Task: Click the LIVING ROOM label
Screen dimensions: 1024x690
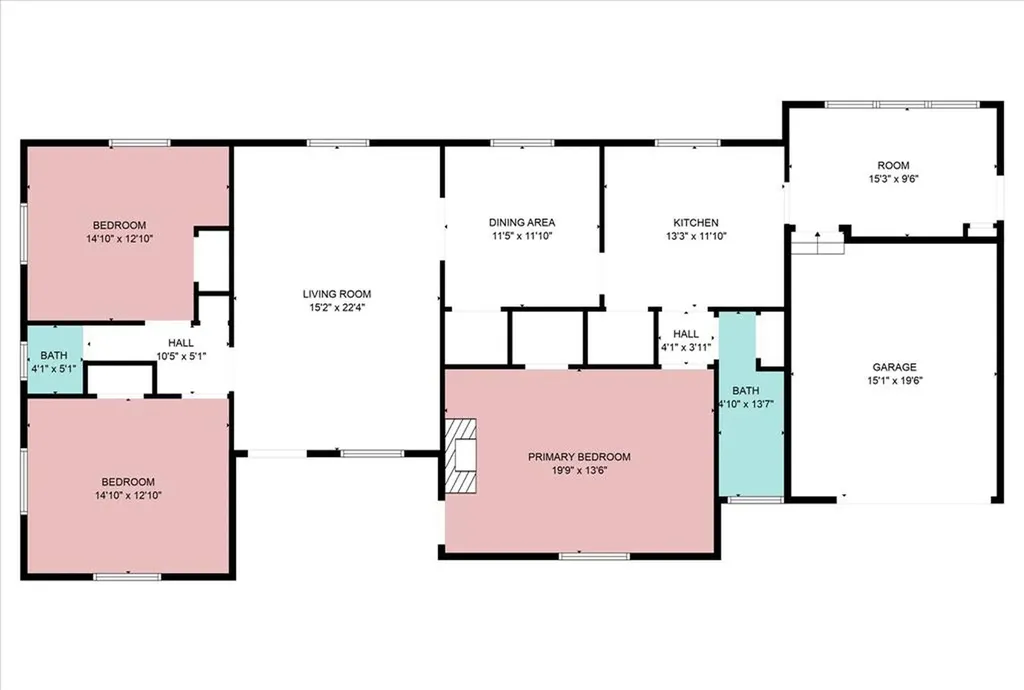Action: [x=336, y=294]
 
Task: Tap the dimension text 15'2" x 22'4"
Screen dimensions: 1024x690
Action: [x=336, y=307]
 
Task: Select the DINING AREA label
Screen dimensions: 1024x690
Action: [x=522, y=223]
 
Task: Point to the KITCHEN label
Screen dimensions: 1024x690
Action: [x=696, y=223]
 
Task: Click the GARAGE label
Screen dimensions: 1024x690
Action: [x=894, y=368]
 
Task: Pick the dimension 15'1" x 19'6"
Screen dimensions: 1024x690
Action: [x=894, y=381]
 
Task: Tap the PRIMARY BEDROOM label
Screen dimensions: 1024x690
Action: [x=579, y=457]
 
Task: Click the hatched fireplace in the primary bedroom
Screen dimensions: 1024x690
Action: [x=460, y=455]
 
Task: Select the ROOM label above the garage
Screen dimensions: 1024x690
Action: [x=893, y=166]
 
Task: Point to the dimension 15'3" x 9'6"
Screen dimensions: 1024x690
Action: [x=893, y=179]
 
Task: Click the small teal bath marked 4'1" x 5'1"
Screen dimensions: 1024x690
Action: [x=55, y=360]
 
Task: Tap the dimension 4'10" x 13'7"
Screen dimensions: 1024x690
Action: [x=746, y=404]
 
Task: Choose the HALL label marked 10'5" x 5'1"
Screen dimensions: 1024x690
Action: [x=181, y=343]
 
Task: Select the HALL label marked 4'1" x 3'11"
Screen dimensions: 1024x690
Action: [x=686, y=334]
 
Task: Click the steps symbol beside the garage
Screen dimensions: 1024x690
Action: [x=818, y=243]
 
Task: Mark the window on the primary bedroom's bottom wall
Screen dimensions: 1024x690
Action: [x=594, y=556]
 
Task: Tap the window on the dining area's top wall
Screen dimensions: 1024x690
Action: [x=522, y=143]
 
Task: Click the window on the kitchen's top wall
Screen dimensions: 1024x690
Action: [x=688, y=143]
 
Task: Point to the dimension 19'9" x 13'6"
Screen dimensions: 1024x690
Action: [x=579, y=470]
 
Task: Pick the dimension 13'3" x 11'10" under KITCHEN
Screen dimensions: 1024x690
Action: [x=696, y=236]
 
